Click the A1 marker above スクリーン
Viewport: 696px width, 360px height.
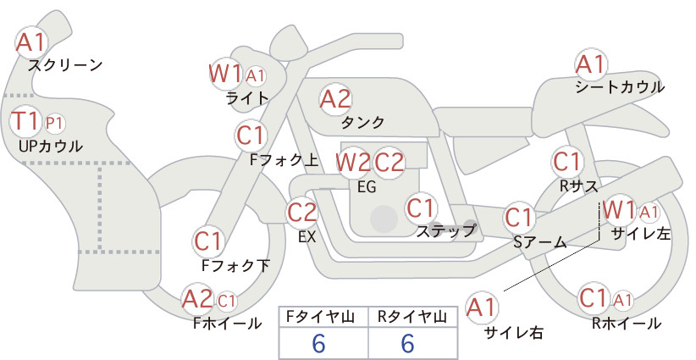31,42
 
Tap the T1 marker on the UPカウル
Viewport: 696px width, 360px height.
25,121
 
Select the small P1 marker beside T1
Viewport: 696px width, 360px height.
54,124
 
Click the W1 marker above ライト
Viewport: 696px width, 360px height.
225,73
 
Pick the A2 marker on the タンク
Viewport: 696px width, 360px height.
335,99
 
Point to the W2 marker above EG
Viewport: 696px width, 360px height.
353,163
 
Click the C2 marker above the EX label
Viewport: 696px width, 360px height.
302,212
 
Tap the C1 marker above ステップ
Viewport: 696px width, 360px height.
421,208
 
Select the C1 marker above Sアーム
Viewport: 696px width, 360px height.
518,218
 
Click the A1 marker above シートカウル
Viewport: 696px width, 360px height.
591,64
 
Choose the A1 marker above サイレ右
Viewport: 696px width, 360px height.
481,307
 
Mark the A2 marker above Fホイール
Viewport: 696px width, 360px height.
198,299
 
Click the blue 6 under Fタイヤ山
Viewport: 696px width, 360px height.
318,343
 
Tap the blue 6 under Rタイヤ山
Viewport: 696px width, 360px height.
407,343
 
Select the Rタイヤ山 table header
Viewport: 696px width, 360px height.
412,317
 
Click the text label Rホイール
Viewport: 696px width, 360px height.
627,324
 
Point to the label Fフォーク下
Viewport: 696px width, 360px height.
235,265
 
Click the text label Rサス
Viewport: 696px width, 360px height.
578,186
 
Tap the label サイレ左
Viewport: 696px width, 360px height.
641,234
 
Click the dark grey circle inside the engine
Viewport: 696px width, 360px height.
384,219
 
